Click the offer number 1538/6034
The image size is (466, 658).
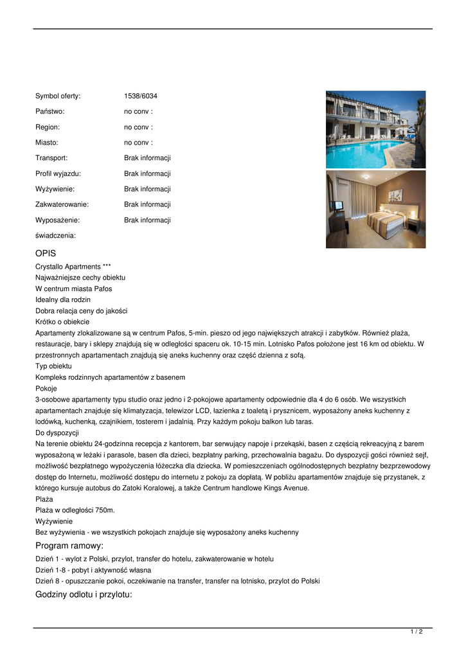coord(140,96)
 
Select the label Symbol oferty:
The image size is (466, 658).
coord(58,96)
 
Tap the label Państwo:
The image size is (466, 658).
coord(49,112)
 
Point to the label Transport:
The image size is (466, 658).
coord(51,158)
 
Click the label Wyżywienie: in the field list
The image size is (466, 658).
coord(55,189)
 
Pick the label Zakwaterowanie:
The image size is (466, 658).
coord(62,204)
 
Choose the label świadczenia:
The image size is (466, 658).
coord(55,235)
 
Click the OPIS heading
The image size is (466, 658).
coord(46,254)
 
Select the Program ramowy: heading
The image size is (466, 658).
coord(69,546)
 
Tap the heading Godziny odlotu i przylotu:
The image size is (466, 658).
coord(84,594)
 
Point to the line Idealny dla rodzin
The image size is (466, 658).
coord(63,299)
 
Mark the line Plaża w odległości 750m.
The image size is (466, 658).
coord(75,510)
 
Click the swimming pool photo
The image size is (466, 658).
coord(375,129)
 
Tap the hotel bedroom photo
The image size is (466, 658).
coord(375,209)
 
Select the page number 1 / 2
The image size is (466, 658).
coord(417,632)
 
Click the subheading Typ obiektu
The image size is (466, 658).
coord(53,366)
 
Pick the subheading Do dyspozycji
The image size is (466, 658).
coord(57,432)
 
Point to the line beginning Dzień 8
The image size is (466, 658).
coord(177,581)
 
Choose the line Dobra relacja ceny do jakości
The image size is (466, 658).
coord(81,311)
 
